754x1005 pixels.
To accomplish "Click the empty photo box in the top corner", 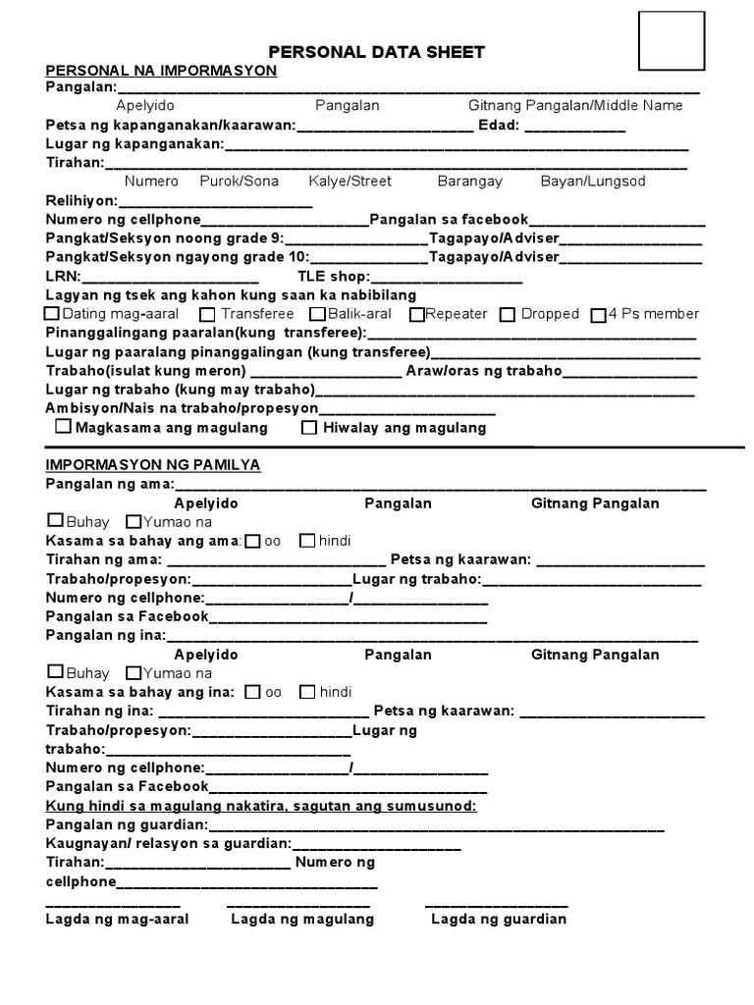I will pyautogui.click(x=672, y=44).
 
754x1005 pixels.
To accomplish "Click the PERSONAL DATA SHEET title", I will pyautogui.click(x=378, y=52).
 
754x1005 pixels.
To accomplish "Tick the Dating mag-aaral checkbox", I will pyautogui.click(x=52, y=314).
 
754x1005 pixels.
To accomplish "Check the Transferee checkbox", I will pyautogui.click(x=206, y=315).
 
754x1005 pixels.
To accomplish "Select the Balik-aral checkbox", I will pyautogui.click(x=316, y=314).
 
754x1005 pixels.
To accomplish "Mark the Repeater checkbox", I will pyautogui.click(x=416, y=315).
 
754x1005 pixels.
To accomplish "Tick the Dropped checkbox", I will pyautogui.click(x=507, y=315).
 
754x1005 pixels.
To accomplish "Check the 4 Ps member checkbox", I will pyautogui.click(x=598, y=315).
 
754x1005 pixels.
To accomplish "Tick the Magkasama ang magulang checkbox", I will pyautogui.click(x=63, y=427).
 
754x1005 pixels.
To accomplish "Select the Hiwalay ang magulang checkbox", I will pyautogui.click(x=309, y=427).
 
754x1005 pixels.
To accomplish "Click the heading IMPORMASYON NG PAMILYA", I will pyautogui.click(x=152, y=465).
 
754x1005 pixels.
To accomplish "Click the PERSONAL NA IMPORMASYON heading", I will pyautogui.click(x=161, y=71).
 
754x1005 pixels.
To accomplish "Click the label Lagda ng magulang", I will pyautogui.click(x=302, y=920).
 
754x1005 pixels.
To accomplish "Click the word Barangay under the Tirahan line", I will pyautogui.click(x=469, y=182).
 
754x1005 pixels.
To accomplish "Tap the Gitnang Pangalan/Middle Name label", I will pyautogui.click(x=575, y=106).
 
